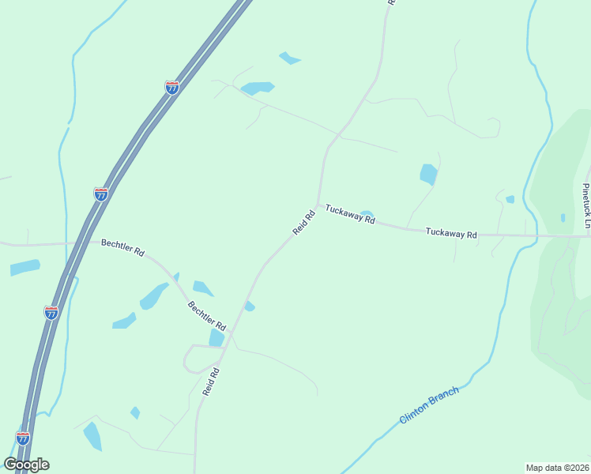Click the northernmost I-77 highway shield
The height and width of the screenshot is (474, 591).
pos(172,88)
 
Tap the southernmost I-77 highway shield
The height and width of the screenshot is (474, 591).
pos(23,438)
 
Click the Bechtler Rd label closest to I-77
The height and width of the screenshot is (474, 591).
pos(122,248)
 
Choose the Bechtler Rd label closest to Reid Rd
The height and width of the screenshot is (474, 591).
pos(207,316)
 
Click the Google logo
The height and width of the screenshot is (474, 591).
pos(26,465)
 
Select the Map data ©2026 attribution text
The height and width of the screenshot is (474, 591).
pos(557,467)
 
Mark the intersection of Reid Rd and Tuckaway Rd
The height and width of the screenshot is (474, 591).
pos(318,206)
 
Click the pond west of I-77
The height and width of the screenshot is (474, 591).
pos(24,267)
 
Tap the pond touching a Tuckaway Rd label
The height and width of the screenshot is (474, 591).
pos(366,213)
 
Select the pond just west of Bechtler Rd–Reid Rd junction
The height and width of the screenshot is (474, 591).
pos(216,338)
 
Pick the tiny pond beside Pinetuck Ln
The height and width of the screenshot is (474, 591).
pos(563,218)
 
